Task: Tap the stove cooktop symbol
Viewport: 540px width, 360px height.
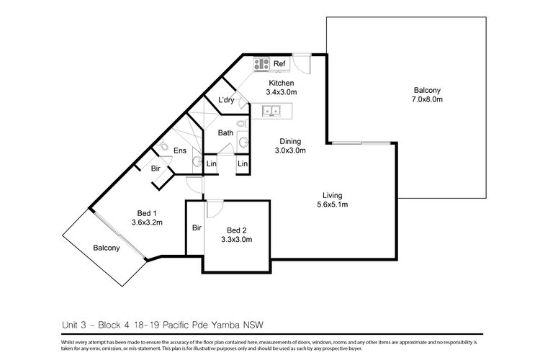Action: click(261, 64)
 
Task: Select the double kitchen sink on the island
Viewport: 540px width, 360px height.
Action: click(273, 112)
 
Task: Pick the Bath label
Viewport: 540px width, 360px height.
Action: click(225, 132)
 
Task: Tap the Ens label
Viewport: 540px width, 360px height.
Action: click(180, 151)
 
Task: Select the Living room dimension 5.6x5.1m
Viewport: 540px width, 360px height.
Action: click(331, 205)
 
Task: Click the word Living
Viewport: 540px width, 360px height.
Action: click(332, 195)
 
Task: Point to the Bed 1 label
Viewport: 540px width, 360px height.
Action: click(148, 212)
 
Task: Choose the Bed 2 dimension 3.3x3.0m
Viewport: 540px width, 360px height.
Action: click(236, 240)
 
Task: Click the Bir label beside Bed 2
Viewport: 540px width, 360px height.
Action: click(196, 228)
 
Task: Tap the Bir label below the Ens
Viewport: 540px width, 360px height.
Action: click(156, 168)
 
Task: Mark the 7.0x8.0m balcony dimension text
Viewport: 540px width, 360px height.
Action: click(428, 99)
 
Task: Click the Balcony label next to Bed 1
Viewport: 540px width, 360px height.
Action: click(107, 248)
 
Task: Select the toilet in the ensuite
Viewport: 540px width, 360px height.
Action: click(165, 149)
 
